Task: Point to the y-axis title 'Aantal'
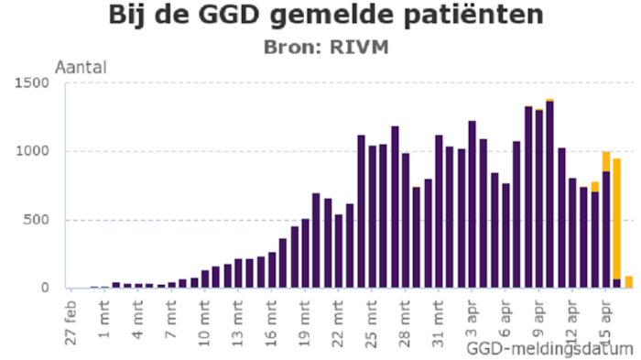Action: (x=81, y=67)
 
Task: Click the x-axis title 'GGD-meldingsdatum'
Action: (x=549, y=349)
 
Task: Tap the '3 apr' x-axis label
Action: (x=473, y=311)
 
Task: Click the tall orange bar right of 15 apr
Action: (x=617, y=220)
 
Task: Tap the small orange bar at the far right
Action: (x=629, y=282)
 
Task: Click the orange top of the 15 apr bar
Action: (x=606, y=161)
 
